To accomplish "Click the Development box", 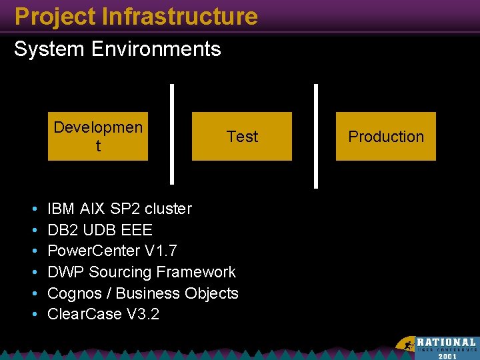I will tap(98, 137).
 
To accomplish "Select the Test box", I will tap(242, 137).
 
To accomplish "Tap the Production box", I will tap(385, 137).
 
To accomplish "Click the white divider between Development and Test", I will tap(173, 133).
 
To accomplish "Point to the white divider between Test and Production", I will tap(315, 133).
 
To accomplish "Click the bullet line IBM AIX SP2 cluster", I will tap(120, 209).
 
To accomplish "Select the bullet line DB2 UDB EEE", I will tap(100, 230).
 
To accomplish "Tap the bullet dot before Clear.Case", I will tap(33, 315).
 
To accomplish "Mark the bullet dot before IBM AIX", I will tap(33, 209).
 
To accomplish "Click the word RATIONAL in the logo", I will tap(447, 341).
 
